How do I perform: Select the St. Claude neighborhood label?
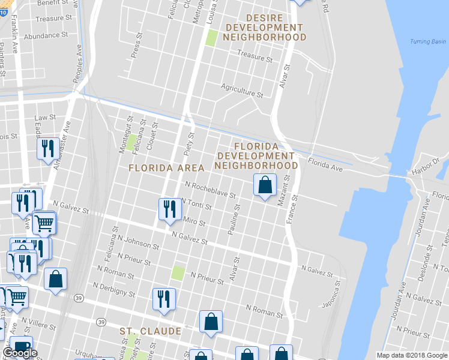pos(150,331)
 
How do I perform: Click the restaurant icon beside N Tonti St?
pos(169,209)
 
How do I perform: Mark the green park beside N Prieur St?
pos(178,273)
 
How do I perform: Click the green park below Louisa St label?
pos(211,38)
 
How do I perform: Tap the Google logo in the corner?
pos(20,353)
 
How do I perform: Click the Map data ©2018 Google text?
pos(412,355)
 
